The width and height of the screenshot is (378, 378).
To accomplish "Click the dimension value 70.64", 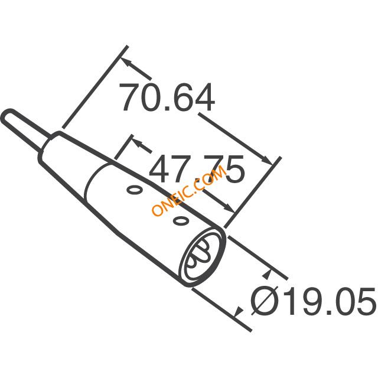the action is pos(167,97).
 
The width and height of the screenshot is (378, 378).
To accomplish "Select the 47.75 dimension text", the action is pos(197,170).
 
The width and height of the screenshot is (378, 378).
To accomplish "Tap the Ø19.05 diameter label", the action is pos(312,301).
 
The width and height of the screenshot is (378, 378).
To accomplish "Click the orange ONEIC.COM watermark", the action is pos(189,191).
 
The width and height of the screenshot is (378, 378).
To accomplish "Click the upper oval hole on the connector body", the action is pos(135,190).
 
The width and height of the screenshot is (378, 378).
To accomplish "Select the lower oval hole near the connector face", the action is pos(181,220).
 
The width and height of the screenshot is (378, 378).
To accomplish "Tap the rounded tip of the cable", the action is pos(7,115).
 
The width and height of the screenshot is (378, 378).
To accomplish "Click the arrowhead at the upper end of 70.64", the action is pos(126,63).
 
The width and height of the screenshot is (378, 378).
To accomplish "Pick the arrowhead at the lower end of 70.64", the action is pos(268,160).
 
